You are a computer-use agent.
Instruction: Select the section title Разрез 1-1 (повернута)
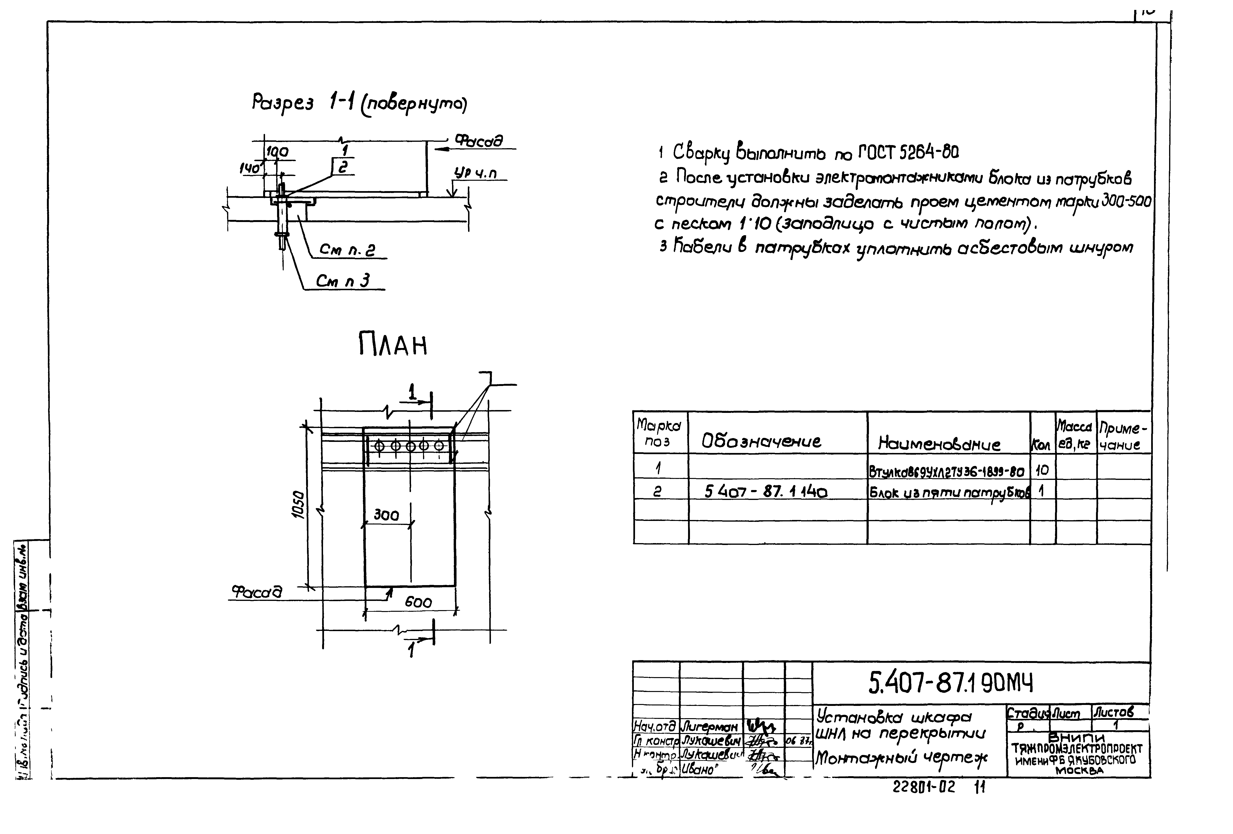[x=359, y=104]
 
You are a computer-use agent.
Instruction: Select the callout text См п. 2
[x=348, y=250]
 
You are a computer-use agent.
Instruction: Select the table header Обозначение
[x=761, y=441]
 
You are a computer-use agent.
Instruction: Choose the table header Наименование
[x=939, y=444]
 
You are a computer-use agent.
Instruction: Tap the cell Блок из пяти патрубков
[x=949, y=493]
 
